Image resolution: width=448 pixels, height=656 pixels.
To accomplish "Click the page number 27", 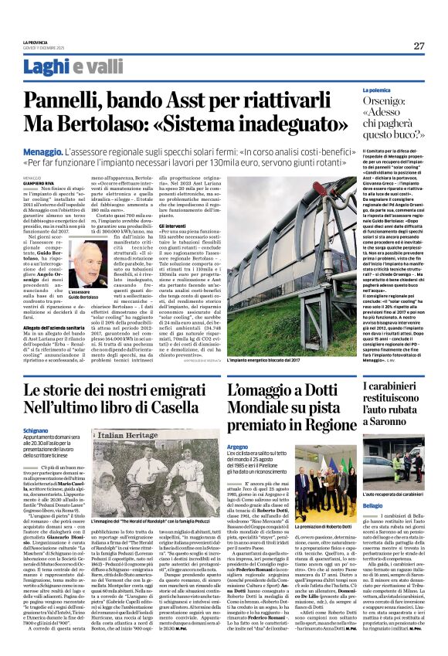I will coord(419,46).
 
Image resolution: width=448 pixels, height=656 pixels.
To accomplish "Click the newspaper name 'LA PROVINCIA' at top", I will coord(39,42).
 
